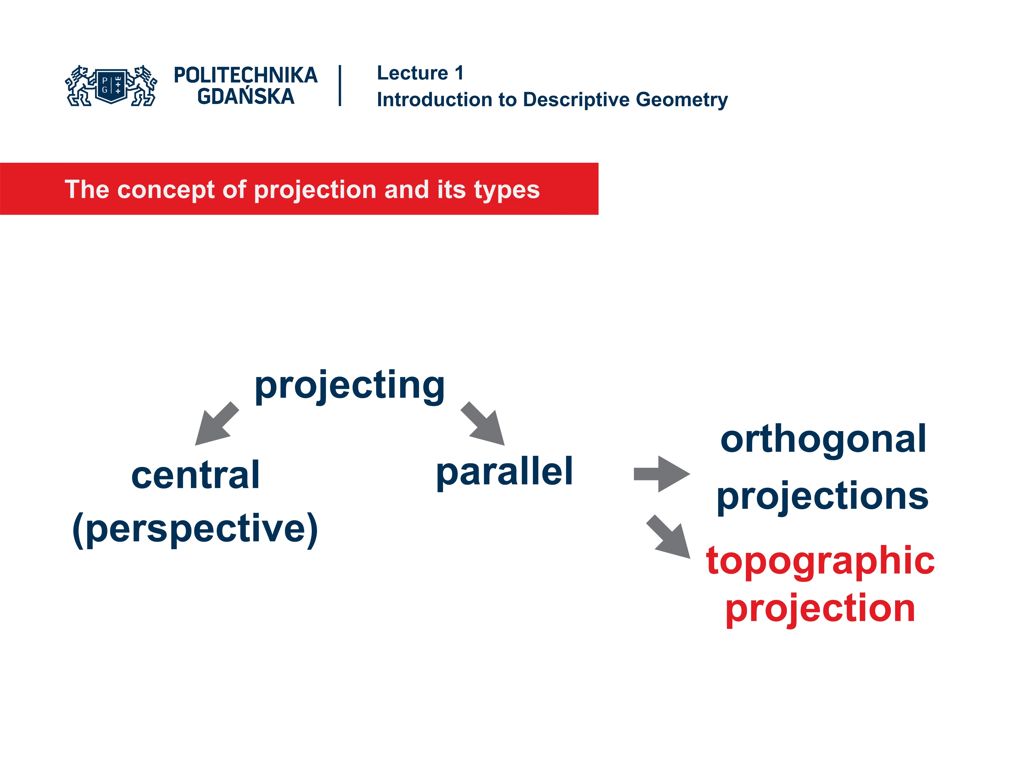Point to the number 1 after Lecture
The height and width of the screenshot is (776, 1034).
click(x=459, y=73)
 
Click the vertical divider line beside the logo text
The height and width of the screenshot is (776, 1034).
click(x=340, y=86)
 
